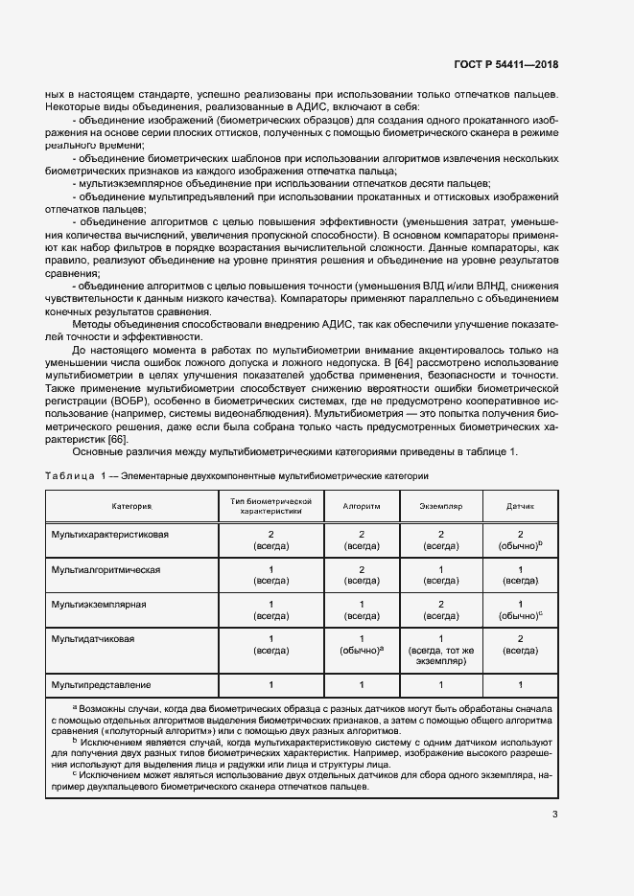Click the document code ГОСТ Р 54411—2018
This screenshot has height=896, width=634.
pyautogui.click(x=505, y=64)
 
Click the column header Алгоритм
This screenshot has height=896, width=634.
pyautogui.click(x=362, y=504)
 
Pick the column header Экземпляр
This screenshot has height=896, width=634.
pyautogui.click(x=441, y=504)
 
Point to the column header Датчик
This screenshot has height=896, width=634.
pyautogui.click(x=520, y=504)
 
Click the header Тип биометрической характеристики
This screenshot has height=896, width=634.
pyautogui.click(x=272, y=505)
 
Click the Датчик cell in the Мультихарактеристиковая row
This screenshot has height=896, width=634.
pyautogui.click(x=520, y=539)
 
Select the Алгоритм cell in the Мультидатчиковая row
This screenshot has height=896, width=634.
pyautogui.click(x=362, y=644)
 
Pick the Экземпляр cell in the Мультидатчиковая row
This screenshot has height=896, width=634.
pyautogui.click(x=441, y=650)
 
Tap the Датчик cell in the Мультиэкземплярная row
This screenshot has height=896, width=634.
pyautogui.click(x=520, y=610)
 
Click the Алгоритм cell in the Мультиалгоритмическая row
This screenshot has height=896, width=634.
pyautogui.click(x=362, y=575)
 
